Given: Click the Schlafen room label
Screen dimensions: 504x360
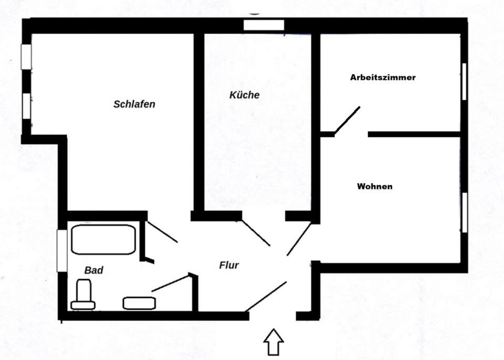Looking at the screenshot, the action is pos(134,104).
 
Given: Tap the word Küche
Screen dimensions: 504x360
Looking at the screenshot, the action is pos(245,95).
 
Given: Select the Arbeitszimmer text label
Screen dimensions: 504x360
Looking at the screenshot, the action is pos(383,77).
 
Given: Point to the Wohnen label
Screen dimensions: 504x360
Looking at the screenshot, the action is pos(374,186).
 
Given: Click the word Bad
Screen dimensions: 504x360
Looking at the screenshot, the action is pos(93,270).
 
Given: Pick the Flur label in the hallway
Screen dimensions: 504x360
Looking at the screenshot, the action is pos(229,265).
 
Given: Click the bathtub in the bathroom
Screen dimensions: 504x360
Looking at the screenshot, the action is pos(103,239).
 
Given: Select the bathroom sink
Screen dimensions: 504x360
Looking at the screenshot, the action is pos(139,303).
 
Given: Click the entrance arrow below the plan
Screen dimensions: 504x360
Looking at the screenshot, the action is pos(274,342).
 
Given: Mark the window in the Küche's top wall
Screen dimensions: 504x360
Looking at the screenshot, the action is pos(264,25).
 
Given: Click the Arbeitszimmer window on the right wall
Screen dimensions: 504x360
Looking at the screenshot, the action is pos(464,81).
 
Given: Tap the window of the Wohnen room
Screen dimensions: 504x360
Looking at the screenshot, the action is pos(464,212).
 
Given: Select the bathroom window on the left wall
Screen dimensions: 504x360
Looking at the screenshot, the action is pos(62,250).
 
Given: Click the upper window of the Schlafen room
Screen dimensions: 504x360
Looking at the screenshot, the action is pos(26,57).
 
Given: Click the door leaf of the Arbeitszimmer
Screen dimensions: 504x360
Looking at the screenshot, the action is pos(347,120).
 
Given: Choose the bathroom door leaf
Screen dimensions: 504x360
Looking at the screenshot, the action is pos(170,282).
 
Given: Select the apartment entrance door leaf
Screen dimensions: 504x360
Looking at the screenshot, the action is pos(266,296).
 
